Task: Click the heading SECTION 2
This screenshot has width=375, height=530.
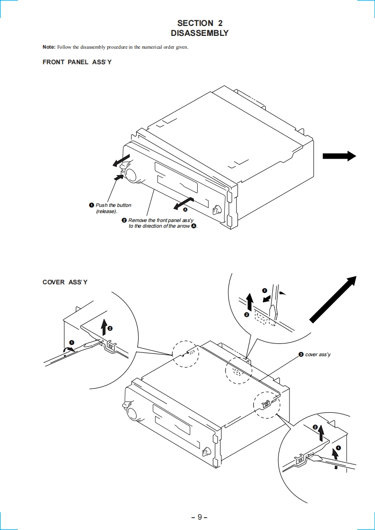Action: click(200, 23)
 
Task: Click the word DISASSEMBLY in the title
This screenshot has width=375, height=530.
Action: click(200, 33)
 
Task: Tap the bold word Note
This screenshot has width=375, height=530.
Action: click(49, 47)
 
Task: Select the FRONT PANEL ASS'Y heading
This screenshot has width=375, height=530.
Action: click(77, 62)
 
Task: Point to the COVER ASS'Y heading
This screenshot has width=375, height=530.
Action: click(65, 282)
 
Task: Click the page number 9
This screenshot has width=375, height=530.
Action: click(200, 517)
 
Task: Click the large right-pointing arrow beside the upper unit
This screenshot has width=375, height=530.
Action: click(339, 156)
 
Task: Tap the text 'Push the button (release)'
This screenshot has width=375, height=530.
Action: click(113, 208)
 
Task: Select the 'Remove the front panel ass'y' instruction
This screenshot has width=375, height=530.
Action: click(161, 223)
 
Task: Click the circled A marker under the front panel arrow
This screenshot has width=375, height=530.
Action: click(185, 209)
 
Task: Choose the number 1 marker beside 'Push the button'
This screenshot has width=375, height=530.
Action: click(92, 205)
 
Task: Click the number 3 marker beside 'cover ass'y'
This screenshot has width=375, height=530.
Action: click(301, 354)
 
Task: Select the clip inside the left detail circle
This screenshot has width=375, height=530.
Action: click(111, 344)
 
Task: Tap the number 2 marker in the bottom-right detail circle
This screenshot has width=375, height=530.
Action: click(315, 427)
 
